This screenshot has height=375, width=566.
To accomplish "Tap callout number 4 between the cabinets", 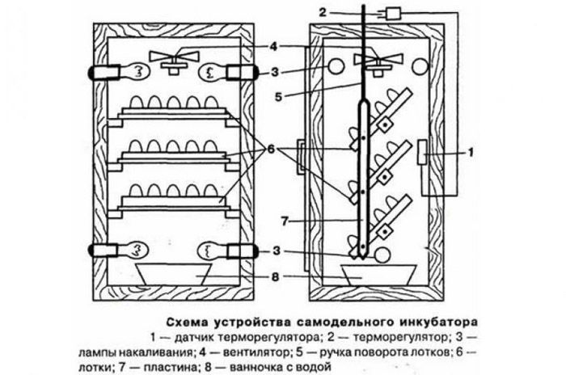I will coord(275,46).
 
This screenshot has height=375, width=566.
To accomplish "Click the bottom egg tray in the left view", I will coord(170,202).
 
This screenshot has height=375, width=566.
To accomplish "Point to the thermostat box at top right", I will coord(397,13).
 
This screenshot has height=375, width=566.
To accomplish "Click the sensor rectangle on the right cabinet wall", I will coord(424,154).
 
